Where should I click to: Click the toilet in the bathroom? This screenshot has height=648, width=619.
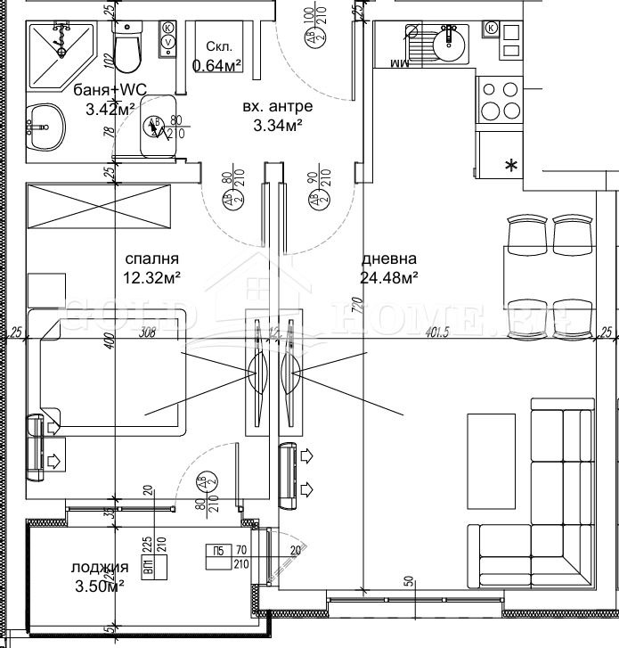127,48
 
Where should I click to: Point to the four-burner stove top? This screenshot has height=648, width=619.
500,100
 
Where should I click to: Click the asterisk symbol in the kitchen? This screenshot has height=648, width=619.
510,165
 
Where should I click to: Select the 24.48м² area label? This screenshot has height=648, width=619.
390,278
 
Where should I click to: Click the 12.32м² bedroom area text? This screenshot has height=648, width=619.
152,277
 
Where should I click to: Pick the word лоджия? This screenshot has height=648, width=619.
98,568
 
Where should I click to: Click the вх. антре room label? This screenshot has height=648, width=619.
277,107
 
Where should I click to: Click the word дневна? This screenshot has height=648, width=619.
384,259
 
